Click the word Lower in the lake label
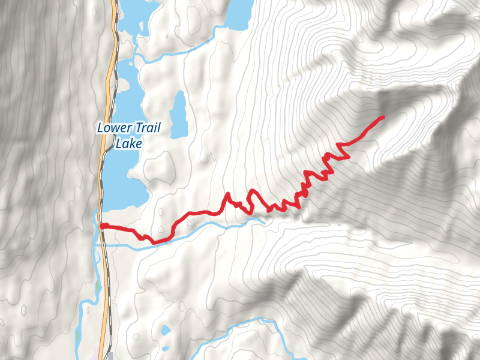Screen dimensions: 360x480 tap(112, 127)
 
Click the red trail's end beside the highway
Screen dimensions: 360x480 tap(103, 226)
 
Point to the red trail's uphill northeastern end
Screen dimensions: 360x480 tap(382, 117)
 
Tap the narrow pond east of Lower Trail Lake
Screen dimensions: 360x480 tap(178, 114)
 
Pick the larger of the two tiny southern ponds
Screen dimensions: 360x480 tap(166, 329)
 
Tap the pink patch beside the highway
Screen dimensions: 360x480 tap(95, 354)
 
